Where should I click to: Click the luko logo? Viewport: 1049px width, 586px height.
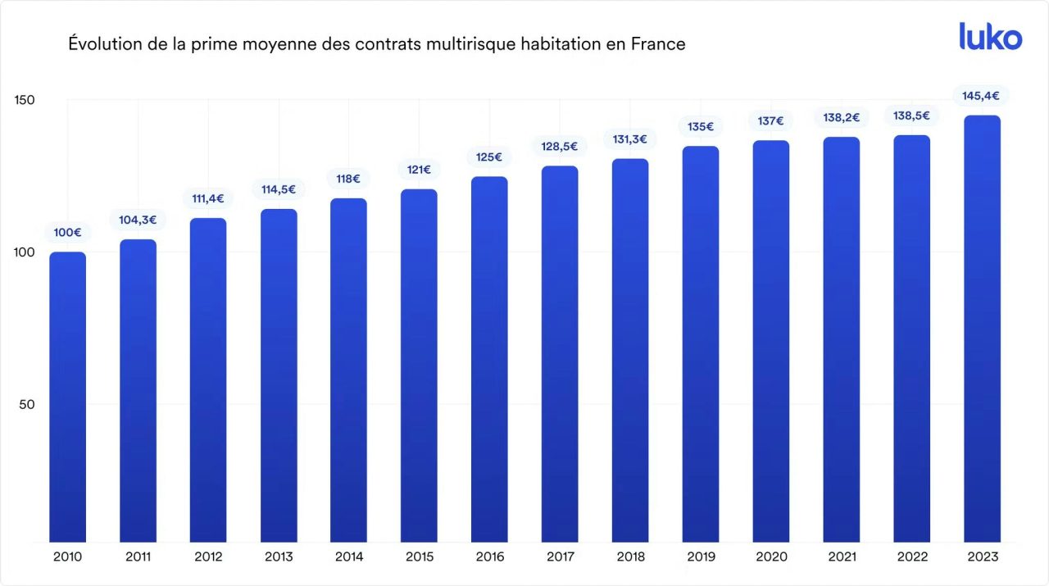point(990,37)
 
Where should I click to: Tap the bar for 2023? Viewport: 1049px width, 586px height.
point(982,328)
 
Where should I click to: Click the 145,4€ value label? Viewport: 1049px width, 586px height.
point(981,96)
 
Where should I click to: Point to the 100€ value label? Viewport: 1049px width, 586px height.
point(67,233)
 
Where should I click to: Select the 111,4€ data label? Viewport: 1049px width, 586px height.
point(208,198)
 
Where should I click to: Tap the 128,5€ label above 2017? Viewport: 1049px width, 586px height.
point(560,147)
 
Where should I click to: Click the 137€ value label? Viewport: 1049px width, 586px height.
point(770,121)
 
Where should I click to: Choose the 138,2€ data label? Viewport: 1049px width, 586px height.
point(841,118)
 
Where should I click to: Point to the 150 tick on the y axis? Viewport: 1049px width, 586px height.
point(25,100)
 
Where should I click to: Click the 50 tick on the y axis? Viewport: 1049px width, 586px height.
point(27,404)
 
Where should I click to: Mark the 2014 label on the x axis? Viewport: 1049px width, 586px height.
point(348,557)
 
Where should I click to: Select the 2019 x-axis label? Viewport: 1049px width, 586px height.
point(701,557)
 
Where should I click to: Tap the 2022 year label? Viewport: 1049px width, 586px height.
point(911,557)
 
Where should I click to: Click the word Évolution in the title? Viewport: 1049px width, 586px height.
point(102,44)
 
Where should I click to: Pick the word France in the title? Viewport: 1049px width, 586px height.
point(657,44)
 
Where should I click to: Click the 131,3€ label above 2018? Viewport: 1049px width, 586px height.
point(630,139)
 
